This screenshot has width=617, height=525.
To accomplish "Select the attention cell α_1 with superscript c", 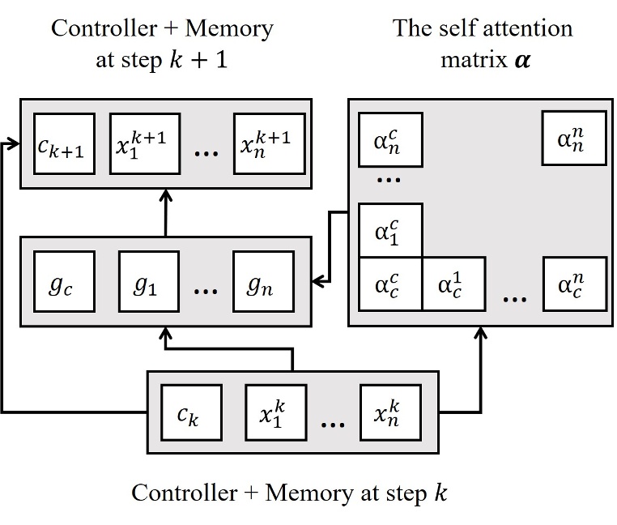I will coord(389,230).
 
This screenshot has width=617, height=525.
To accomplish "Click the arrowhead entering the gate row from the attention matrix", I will coord(318,282).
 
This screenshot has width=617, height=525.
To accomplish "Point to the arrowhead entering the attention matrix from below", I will coord(481,332).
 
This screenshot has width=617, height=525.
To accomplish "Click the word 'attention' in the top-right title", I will coord(526,28).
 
